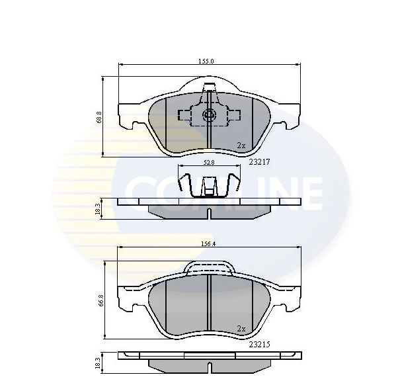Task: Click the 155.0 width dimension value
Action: point(206,61)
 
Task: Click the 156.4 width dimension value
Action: point(208,243)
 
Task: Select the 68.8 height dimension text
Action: point(99,117)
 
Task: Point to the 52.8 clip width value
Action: point(207,162)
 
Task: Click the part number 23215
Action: point(259,344)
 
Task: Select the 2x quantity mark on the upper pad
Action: point(241,145)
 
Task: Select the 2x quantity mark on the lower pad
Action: point(241,328)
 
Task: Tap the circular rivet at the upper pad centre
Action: point(209,116)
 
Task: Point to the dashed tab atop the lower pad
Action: point(208,267)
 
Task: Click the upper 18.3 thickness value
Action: point(98,208)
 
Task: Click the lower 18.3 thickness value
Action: point(98,363)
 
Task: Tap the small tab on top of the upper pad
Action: point(209,88)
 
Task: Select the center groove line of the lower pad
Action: point(209,304)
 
